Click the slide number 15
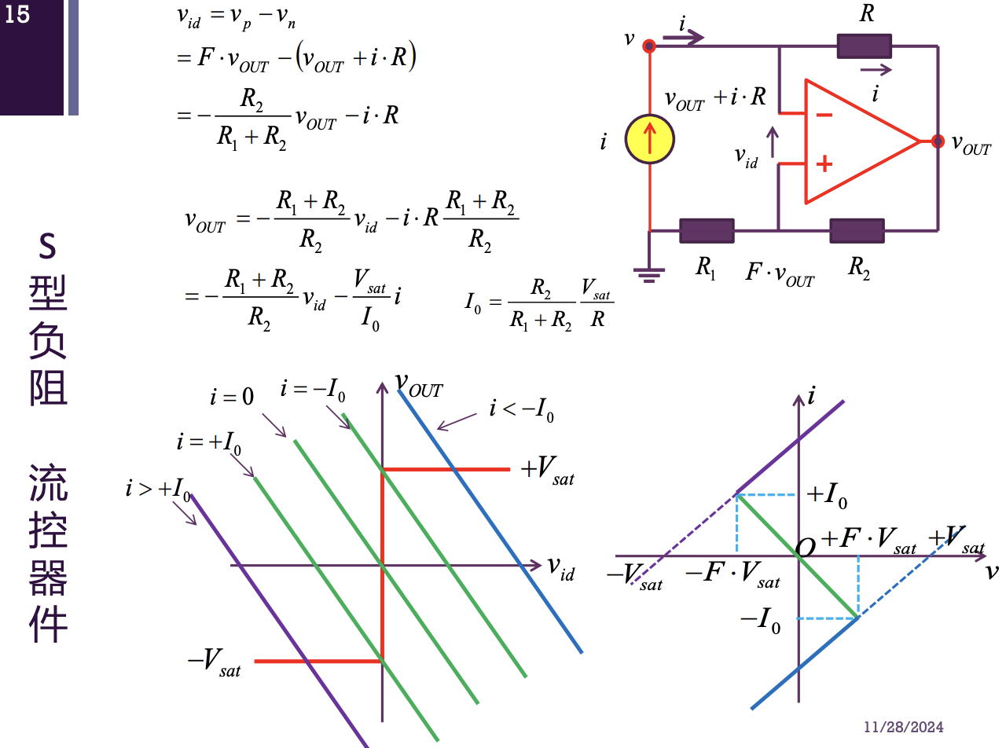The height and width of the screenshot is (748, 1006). pyautogui.click(x=17, y=15)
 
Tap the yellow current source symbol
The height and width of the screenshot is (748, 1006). pyautogui.click(x=650, y=140)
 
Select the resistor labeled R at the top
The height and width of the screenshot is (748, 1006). pyautogui.click(x=864, y=46)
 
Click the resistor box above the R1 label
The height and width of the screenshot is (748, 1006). pyautogui.click(x=707, y=231)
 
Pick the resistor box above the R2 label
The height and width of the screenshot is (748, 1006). pyautogui.click(x=857, y=231)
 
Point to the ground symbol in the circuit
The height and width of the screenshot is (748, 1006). pyautogui.click(x=648, y=275)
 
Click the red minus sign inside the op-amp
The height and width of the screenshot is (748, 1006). pyautogui.click(x=824, y=115)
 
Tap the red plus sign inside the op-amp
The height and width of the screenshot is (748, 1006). pyautogui.click(x=824, y=165)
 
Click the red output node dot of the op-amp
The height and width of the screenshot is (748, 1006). pyautogui.click(x=937, y=141)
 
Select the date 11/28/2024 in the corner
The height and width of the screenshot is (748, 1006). pyautogui.click(x=904, y=727)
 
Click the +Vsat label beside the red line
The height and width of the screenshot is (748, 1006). pyautogui.click(x=547, y=471)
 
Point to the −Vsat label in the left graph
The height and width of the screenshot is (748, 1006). pyautogui.click(x=214, y=662)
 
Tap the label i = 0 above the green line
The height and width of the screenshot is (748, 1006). pyautogui.click(x=232, y=397)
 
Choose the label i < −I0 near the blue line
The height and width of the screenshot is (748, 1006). pyautogui.click(x=521, y=410)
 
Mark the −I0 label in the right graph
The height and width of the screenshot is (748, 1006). pyautogui.click(x=761, y=621)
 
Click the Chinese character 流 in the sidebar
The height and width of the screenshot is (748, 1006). pyautogui.click(x=48, y=482)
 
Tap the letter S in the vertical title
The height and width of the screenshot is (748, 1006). pyautogui.click(x=48, y=249)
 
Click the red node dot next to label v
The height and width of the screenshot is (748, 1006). pyautogui.click(x=649, y=46)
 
